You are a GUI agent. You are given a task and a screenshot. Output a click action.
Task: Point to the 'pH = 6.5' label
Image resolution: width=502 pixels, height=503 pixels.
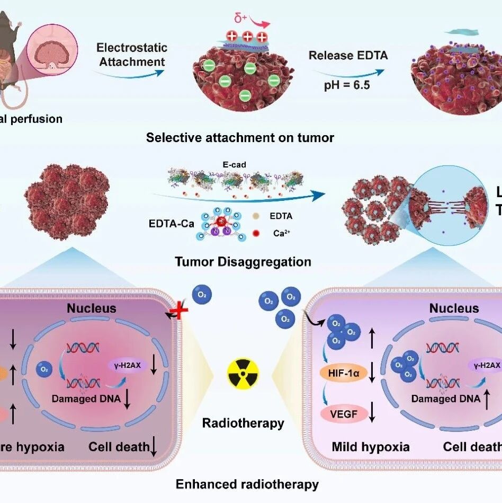click(x=345, y=84)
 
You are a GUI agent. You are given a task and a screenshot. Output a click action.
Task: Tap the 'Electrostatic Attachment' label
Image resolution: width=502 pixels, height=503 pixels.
click(x=131, y=55)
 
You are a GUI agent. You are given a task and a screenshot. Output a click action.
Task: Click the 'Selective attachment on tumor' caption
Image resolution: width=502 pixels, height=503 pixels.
click(x=240, y=138)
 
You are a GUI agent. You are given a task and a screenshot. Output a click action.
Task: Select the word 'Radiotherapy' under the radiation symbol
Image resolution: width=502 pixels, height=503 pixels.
click(x=243, y=423)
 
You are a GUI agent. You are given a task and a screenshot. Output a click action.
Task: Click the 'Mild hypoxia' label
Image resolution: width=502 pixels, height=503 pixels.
click(x=370, y=447)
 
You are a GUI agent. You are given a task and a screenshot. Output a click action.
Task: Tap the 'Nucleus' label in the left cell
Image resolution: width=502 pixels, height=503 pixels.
click(x=91, y=308)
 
